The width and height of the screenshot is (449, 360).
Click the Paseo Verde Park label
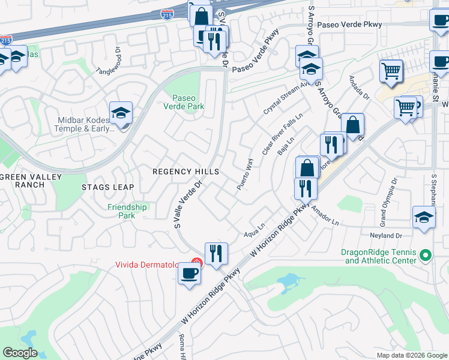click(x=188, y=102)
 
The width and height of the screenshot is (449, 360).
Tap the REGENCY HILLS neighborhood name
click(x=185, y=172)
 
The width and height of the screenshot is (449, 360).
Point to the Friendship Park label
click(x=127, y=211)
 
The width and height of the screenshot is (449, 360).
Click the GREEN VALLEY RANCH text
click(x=23, y=181)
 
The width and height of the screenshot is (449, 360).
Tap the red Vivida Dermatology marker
click(x=196, y=262)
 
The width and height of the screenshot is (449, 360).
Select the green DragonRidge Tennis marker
click(x=426, y=256)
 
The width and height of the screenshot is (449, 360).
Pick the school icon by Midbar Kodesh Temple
click(x=121, y=113)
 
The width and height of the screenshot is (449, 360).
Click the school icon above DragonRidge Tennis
click(x=424, y=217)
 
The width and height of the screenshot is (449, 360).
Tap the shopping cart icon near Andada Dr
click(x=391, y=71)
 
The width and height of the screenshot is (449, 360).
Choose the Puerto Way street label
click(x=245, y=174)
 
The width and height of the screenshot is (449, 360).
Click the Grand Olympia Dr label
click(x=387, y=199)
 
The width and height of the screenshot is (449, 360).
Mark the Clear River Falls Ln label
click(x=283, y=133)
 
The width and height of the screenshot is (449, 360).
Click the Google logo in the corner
click(x=20, y=353)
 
